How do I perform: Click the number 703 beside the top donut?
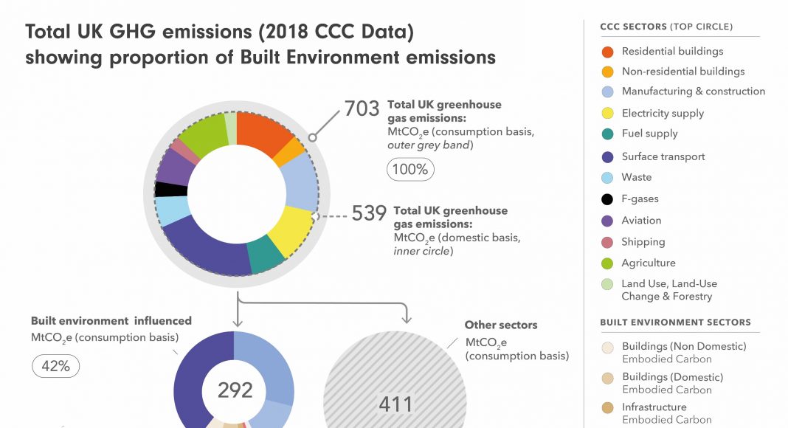[362, 110]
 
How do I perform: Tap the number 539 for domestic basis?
[370, 213]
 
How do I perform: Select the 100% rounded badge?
[409, 169]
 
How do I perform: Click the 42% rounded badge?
[55, 366]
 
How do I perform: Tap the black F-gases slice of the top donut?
[171, 189]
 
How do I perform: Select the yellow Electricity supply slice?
[291, 229]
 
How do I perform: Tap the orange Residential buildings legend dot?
[607, 52]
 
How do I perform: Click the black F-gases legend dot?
[607, 199]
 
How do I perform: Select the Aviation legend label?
[641, 220]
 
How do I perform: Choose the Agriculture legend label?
[648, 263]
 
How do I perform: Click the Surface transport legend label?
[663, 156]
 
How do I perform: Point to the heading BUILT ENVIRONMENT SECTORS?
[675, 322]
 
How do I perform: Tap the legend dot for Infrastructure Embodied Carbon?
[607, 408]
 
